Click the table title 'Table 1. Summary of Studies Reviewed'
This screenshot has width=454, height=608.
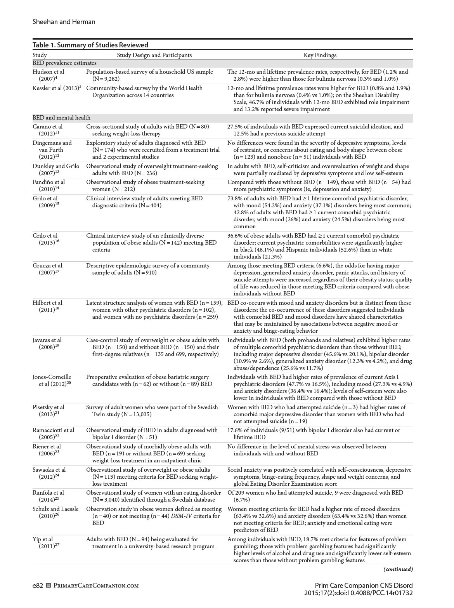point(90,45)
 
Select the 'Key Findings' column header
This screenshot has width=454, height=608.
point(320,55)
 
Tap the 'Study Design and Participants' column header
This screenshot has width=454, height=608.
point(154,55)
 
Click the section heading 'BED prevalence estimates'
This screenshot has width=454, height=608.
point(64,63)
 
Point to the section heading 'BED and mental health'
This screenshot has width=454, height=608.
point(61,118)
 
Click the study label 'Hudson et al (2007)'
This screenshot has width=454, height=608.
point(48,75)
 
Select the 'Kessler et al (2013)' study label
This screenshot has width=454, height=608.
point(57,88)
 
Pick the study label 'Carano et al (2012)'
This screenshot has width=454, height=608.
point(48,130)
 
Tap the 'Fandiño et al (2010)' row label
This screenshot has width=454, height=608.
point(49,186)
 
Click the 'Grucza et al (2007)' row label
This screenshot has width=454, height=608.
point(47,269)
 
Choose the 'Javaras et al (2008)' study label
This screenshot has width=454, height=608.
point(47,344)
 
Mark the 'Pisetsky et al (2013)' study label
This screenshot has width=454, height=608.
point(49,411)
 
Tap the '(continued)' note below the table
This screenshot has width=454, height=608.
point(398,569)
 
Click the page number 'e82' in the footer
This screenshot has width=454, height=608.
point(38,585)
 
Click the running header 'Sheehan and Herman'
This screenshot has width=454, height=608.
point(64,22)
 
